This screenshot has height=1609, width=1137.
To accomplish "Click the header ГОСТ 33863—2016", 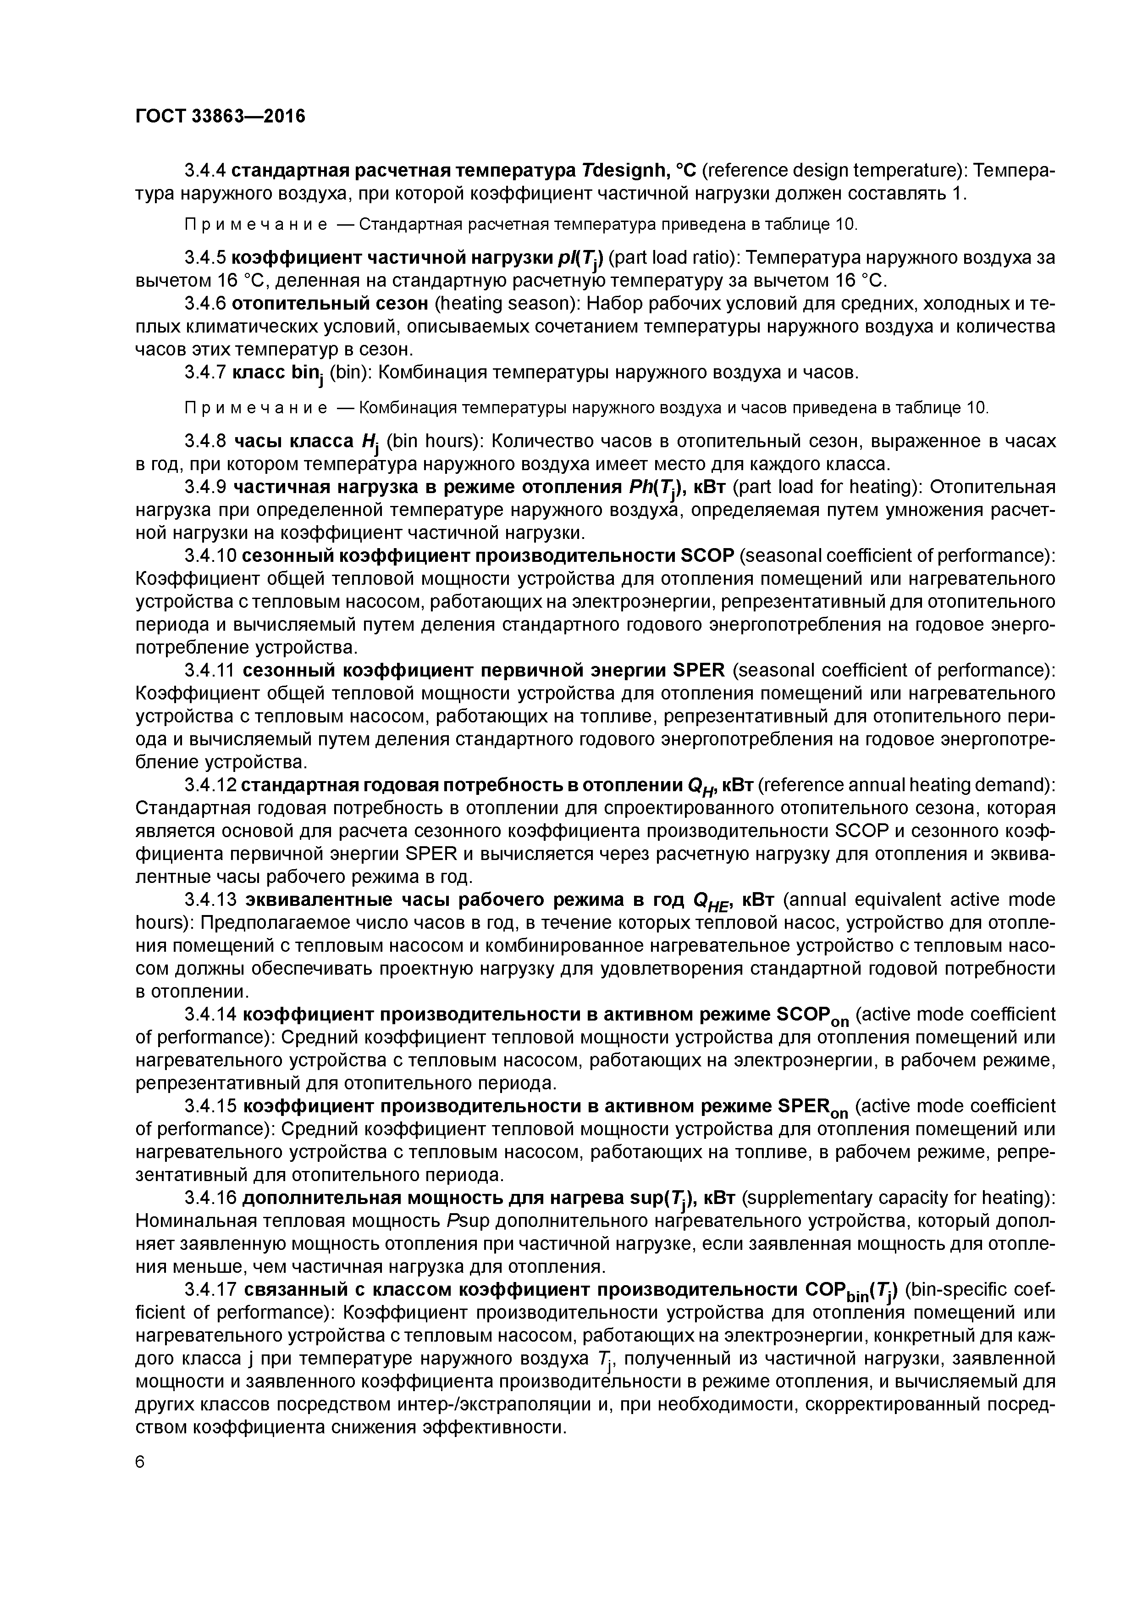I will coord(220,116).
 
